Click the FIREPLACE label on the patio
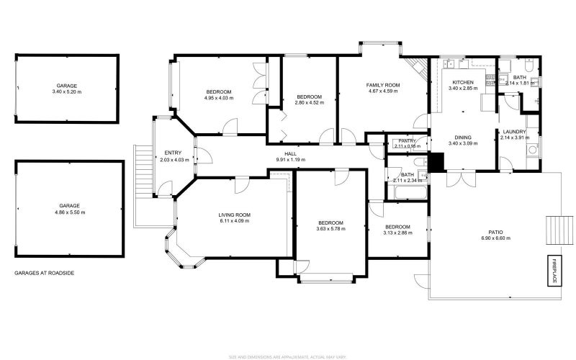pyautogui.click(x=556, y=271)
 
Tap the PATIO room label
pyautogui.click(x=495, y=232)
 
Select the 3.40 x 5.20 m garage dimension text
pyautogui.click(x=67, y=92)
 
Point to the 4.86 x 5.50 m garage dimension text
pyautogui.click(x=70, y=212)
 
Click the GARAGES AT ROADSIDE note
pyautogui.click(x=44, y=274)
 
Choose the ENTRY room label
pyautogui.click(x=173, y=152)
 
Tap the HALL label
pyautogui.click(x=290, y=153)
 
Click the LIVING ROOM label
pyautogui.click(x=234, y=215)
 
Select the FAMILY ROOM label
pyautogui.click(x=384, y=85)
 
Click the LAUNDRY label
pyautogui.click(x=515, y=132)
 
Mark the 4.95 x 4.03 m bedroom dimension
pyautogui.click(x=219, y=98)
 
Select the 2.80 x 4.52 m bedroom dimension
pyautogui.click(x=309, y=102)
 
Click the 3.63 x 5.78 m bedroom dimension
pyautogui.click(x=330, y=229)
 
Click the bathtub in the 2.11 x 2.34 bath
pyautogui.click(x=408, y=193)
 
